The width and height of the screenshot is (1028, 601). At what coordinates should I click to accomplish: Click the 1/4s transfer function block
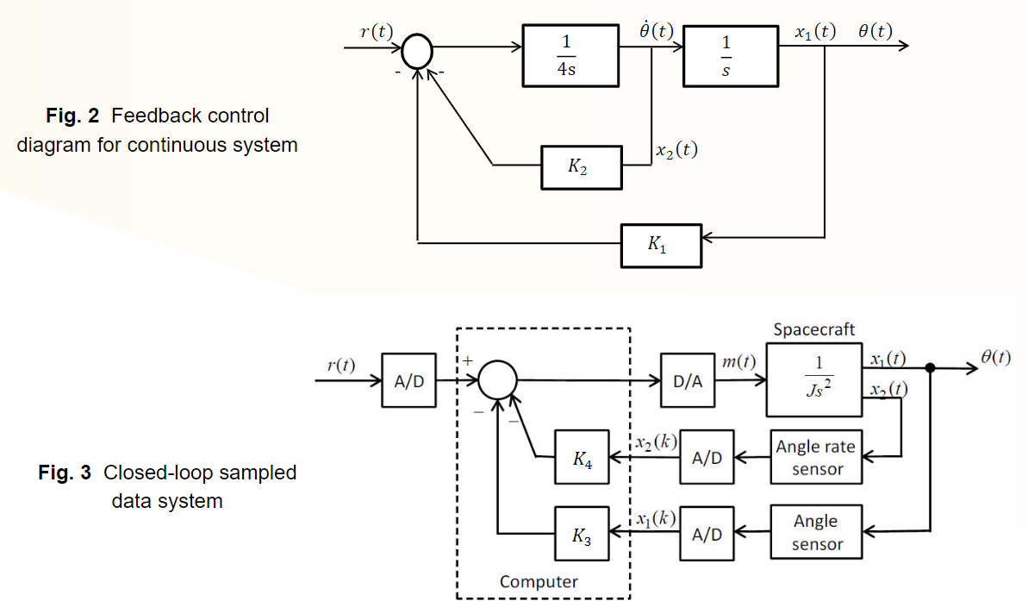(x=570, y=55)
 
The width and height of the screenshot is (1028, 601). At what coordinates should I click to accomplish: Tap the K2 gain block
(x=582, y=167)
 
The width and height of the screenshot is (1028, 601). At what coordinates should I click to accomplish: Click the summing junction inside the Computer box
(x=497, y=379)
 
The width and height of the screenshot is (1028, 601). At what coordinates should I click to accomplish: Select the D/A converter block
(x=688, y=380)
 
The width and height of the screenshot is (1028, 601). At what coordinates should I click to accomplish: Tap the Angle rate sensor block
(x=815, y=457)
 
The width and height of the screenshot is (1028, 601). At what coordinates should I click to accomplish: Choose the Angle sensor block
(x=815, y=532)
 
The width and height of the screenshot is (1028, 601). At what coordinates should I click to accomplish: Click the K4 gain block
(x=583, y=457)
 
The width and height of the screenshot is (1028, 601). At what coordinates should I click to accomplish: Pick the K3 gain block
(x=583, y=535)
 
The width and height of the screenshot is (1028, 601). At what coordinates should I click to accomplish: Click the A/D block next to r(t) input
(x=409, y=380)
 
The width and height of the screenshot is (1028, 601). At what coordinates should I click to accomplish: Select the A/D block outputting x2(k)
(x=707, y=457)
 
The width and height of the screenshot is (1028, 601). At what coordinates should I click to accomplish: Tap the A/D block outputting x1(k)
(x=707, y=534)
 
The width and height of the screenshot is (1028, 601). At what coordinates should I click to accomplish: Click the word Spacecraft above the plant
(x=814, y=329)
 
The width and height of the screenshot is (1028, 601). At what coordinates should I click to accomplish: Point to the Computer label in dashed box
(x=539, y=581)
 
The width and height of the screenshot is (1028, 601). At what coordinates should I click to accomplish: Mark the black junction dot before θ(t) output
(x=930, y=368)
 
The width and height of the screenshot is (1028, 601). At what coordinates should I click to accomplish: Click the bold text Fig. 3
(x=65, y=473)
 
